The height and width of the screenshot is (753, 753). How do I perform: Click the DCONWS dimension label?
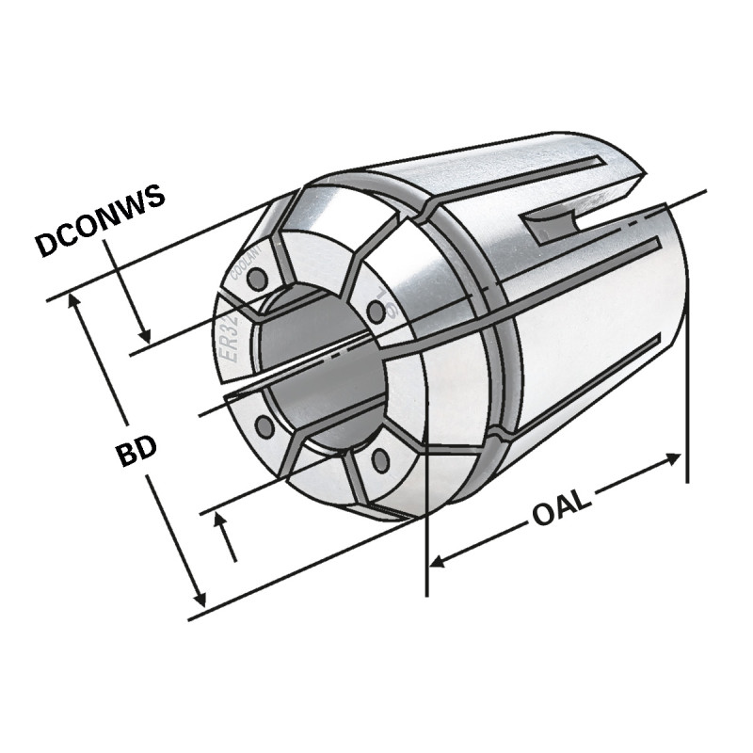[100, 220]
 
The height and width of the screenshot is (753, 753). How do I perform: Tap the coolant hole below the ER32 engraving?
[264, 426]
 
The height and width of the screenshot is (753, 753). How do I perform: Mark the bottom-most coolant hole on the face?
[380, 460]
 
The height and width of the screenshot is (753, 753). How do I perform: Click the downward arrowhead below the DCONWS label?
[144, 335]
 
